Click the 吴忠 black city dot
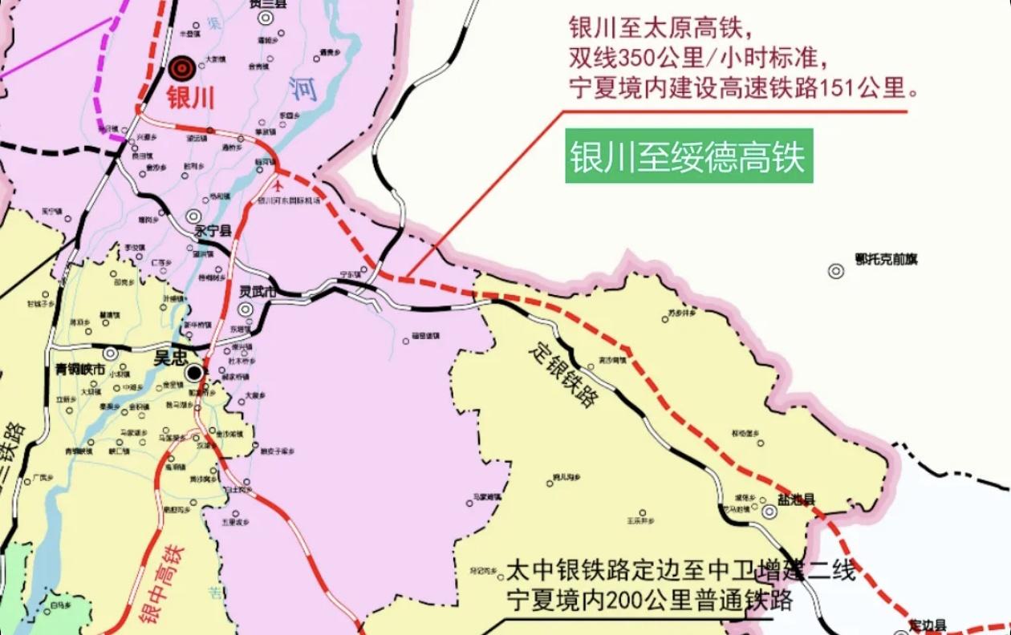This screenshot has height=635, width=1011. click(194, 373)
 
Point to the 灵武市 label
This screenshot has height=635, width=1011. click(258, 293)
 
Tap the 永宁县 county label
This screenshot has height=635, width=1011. click(213, 231)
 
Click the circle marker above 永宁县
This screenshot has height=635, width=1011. click(194, 215)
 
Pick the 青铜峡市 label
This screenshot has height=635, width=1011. click(79, 370)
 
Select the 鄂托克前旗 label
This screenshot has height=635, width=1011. click(886, 259)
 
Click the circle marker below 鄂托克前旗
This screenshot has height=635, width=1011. click(836, 271)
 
